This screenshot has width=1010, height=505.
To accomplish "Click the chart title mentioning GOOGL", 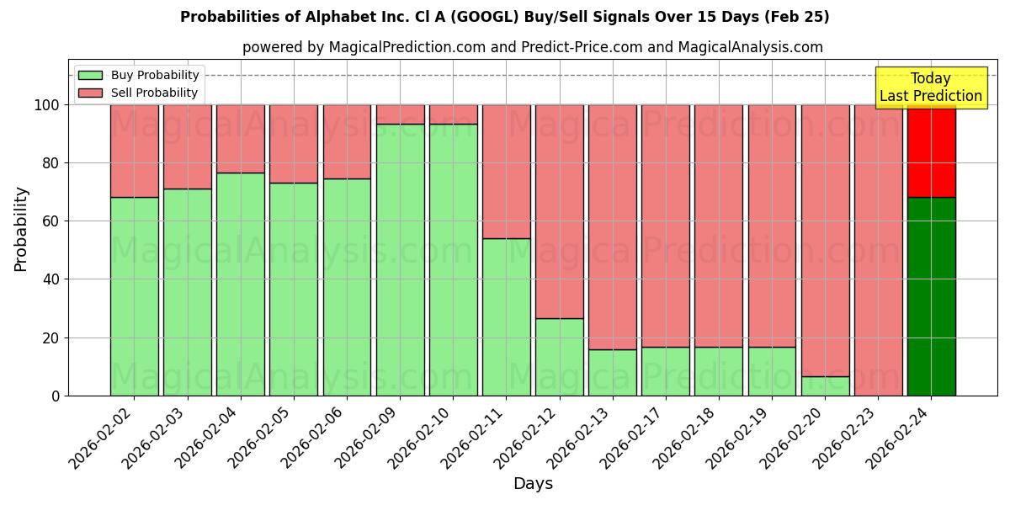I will (x=504, y=17).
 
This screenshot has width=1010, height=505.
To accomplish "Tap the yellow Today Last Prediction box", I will (x=930, y=88).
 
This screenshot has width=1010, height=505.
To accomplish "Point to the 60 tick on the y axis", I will (x=51, y=221).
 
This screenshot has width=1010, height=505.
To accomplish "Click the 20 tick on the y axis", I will (x=51, y=338).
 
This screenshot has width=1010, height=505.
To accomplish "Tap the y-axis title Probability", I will (x=21, y=229).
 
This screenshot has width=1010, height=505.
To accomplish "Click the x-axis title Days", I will (x=533, y=483).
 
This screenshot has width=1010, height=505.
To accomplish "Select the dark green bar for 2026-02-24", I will (x=931, y=296).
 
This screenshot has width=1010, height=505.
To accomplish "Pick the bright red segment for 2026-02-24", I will (x=931, y=151).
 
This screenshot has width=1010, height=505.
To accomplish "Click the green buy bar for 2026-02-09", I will (x=400, y=259).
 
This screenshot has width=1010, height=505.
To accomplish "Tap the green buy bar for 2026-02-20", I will (x=825, y=385).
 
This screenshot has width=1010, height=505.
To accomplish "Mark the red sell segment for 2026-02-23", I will (x=878, y=250).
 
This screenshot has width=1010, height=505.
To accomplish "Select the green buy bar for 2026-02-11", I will (x=506, y=316).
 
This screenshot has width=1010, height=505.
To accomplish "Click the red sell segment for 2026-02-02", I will (x=134, y=151).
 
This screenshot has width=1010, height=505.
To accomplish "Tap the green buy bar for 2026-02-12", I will (x=559, y=356).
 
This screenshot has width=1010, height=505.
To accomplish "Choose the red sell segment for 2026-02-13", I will (x=613, y=226).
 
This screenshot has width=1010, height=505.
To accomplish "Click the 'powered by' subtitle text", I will (x=532, y=47).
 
